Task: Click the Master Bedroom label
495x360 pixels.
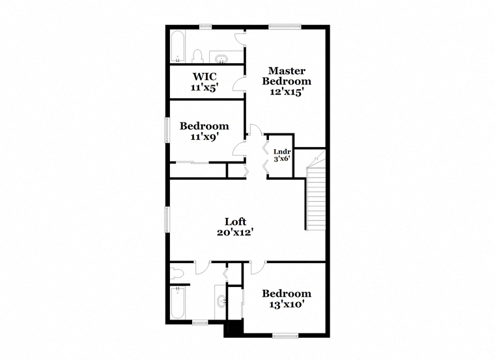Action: (x=287, y=76)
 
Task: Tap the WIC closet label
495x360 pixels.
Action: (x=205, y=76)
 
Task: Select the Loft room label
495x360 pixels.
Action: (x=235, y=221)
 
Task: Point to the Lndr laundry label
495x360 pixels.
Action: (x=282, y=152)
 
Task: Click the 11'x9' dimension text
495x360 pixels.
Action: (x=205, y=137)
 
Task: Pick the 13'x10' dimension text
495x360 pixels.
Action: (x=287, y=305)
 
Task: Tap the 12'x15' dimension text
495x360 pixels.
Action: (x=287, y=92)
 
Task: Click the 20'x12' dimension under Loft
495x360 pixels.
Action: (x=236, y=232)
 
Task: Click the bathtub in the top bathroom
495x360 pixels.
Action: (x=178, y=47)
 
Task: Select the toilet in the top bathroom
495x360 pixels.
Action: (x=197, y=56)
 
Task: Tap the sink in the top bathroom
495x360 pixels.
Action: (x=221, y=59)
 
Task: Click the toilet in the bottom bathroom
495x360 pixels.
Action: (x=177, y=273)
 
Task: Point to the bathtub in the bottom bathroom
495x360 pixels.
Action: (x=178, y=303)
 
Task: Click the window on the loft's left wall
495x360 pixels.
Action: (x=167, y=219)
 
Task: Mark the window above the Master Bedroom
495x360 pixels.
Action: (x=285, y=27)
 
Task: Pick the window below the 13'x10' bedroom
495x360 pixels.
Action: (x=285, y=336)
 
